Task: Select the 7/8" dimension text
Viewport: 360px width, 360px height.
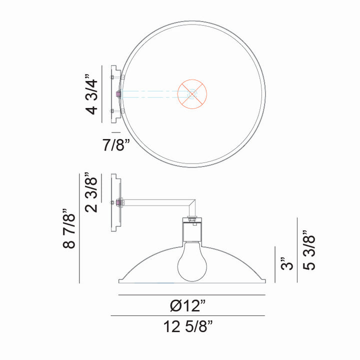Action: click(x=116, y=145)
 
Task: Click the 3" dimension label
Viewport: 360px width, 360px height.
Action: click(x=285, y=263)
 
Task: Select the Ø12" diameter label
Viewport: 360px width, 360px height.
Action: click(x=187, y=304)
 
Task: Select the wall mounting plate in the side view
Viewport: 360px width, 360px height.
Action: click(x=115, y=202)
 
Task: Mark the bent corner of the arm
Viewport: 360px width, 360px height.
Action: click(x=192, y=202)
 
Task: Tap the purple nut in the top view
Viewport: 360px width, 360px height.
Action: click(x=116, y=93)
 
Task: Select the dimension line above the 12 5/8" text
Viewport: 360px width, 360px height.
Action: click(x=187, y=316)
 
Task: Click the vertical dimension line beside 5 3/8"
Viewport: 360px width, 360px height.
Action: click(x=298, y=250)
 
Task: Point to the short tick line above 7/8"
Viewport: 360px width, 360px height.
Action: click(x=116, y=132)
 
